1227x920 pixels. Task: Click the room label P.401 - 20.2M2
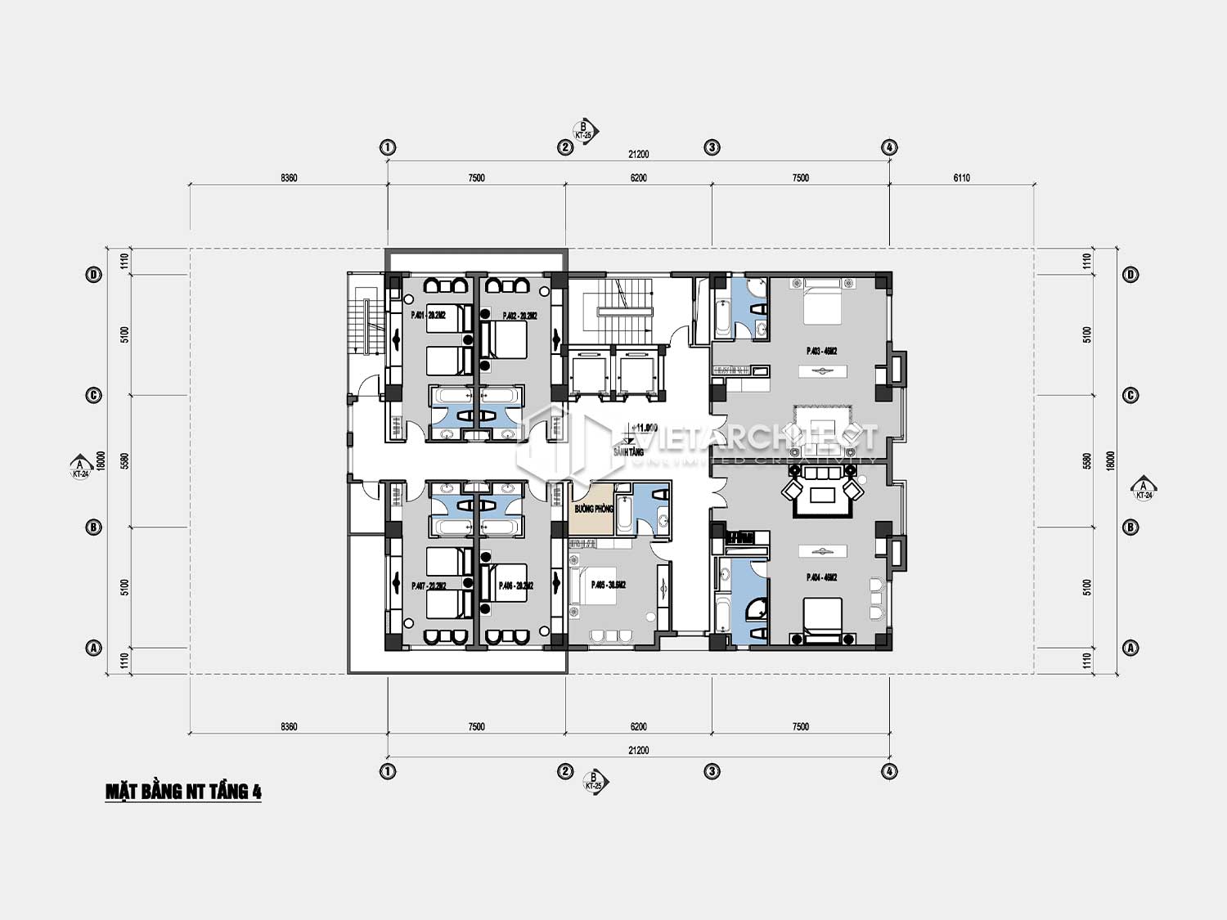click(429, 316)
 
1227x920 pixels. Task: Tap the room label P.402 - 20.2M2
click(518, 316)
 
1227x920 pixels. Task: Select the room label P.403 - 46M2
click(821, 351)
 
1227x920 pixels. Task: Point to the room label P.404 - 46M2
click(821, 577)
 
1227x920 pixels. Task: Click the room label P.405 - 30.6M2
click(608, 585)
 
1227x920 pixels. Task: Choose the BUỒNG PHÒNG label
click(593, 509)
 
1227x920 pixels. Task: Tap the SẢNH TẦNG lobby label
click(628, 451)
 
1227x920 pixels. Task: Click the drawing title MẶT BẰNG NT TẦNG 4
click(183, 792)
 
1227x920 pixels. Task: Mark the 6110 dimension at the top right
click(961, 177)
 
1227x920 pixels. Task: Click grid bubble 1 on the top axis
click(388, 147)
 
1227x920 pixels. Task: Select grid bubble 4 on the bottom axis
click(889, 771)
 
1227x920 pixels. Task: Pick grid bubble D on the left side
click(93, 275)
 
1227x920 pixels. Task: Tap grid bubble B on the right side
click(1130, 527)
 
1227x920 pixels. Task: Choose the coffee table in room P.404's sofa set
click(821, 493)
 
